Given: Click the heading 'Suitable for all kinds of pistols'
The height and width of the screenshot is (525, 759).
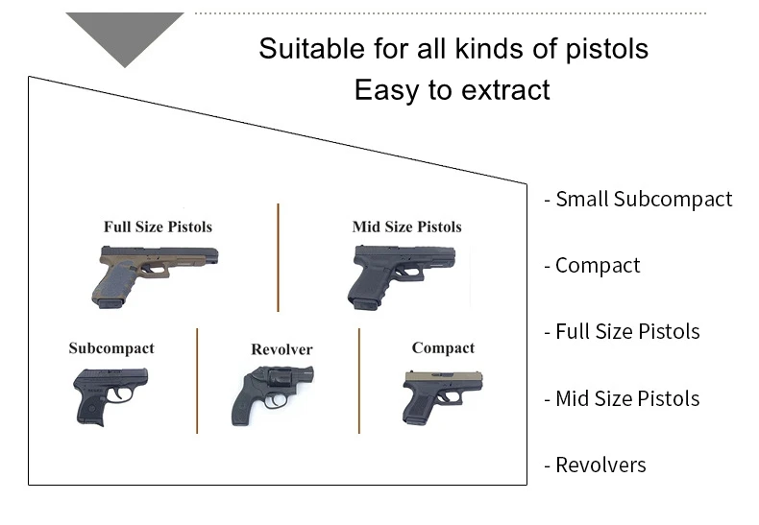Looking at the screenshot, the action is click(453, 48).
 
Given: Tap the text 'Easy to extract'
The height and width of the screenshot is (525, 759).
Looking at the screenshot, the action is click(452, 90).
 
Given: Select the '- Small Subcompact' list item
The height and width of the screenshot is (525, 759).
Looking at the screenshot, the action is click(638, 200).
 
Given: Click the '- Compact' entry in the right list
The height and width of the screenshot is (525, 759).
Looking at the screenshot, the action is click(592, 266).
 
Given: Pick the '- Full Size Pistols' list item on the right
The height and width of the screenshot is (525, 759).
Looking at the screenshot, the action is click(622, 332).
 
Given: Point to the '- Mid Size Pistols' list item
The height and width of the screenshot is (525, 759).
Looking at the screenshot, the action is click(622, 398).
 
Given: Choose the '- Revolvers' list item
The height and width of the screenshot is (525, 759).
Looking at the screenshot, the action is click(595, 465).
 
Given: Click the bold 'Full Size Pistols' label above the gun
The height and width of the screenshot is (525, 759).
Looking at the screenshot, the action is click(158, 227).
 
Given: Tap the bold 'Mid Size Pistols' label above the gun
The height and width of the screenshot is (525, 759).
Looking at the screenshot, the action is click(406, 227).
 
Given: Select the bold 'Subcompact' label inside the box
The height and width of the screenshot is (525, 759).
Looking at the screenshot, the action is click(111, 348).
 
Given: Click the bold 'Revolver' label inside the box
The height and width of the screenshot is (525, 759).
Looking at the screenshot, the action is click(282, 349).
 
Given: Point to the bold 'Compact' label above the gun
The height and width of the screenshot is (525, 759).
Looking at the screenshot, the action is click(443, 347).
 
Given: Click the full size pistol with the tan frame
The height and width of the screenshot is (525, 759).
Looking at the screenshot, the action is click(154, 274).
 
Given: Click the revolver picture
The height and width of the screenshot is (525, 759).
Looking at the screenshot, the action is click(271, 393).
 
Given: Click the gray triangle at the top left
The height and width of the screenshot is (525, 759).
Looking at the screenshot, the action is click(125, 34).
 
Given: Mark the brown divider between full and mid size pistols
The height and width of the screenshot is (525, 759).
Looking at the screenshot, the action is click(279, 257).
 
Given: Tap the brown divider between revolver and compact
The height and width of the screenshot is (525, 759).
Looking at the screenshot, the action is click(359, 380).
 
